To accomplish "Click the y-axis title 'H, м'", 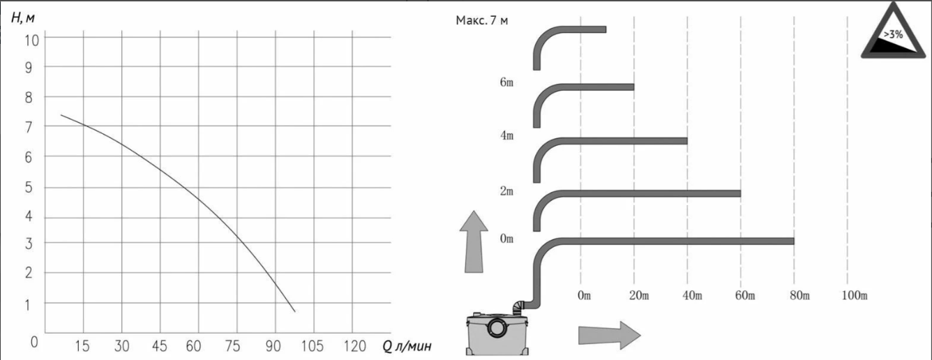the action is [23, 18].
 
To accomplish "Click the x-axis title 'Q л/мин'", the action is [407, 346].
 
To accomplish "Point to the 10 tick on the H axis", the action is [31, 40].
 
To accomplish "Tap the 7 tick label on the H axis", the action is [29, 128].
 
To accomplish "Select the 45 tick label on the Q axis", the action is [159, 346].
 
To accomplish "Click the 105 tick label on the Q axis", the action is [312, 346].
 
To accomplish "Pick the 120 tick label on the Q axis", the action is [355, 346].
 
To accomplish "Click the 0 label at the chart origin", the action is [34, 342].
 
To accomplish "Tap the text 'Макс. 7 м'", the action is [482, 20].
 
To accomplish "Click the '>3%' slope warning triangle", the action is [893, 31].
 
